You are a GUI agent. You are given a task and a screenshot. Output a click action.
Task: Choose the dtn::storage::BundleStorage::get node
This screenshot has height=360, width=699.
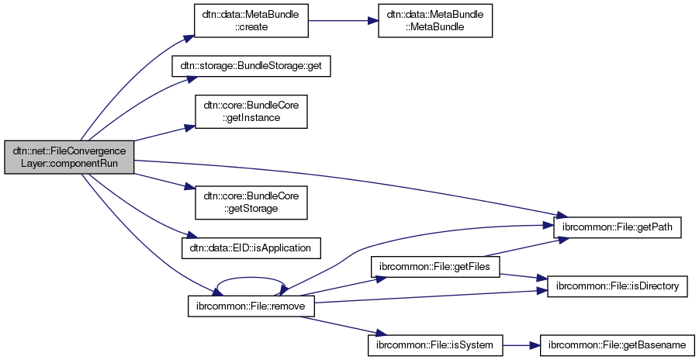click(251, 67)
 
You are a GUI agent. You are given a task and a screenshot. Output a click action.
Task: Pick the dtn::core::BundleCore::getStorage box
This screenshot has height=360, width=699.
click(251, 202)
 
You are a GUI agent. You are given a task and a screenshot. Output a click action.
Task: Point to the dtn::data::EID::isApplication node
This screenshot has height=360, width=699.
click(251, 247)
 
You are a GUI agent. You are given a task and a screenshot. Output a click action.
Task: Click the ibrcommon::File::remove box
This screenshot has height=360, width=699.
click(251, 306)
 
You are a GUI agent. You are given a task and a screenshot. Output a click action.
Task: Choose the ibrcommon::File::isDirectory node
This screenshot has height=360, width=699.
click(617, 286)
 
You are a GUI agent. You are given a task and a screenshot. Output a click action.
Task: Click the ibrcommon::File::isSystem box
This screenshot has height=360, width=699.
click(435, 343)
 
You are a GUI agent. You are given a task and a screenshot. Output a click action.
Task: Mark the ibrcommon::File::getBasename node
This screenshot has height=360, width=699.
click(617, 343)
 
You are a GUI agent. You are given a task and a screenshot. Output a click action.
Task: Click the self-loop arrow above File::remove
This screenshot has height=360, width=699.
click(251, 281)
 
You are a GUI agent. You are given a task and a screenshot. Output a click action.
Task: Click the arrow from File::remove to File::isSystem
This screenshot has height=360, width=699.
click(341, 325)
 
